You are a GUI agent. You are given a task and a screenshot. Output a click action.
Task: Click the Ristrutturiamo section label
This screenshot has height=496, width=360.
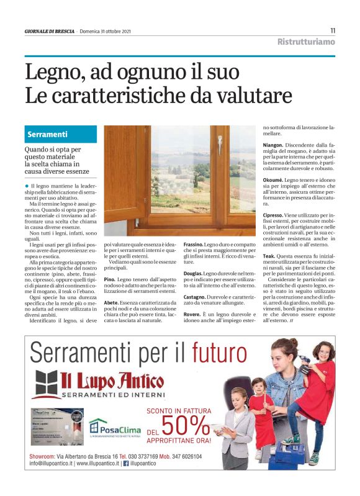306,42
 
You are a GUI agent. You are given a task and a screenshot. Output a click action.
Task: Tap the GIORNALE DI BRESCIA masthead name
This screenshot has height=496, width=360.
49,31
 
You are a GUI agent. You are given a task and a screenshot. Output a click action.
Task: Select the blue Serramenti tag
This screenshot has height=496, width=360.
48,134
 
